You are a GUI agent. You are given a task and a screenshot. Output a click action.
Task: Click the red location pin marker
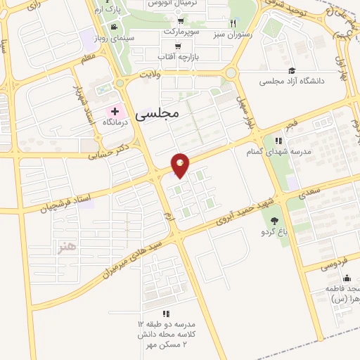pyautogui.click(x=181, y=165)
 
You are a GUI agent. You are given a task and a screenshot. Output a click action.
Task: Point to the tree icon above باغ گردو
pyautogui.click(x=274, y=221)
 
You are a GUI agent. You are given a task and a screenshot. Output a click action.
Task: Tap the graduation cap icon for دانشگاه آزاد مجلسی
pyautogui.click(x=292, y=70)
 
